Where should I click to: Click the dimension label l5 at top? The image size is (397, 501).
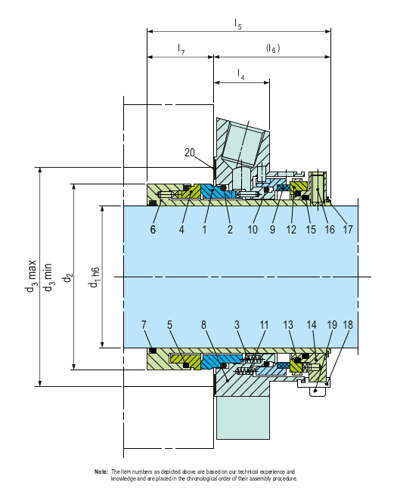coord(238,25)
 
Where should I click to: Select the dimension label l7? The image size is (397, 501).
coord(181,48)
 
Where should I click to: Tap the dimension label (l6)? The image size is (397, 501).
coord(273,48)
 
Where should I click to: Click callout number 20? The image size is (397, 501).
coord(192,153)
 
